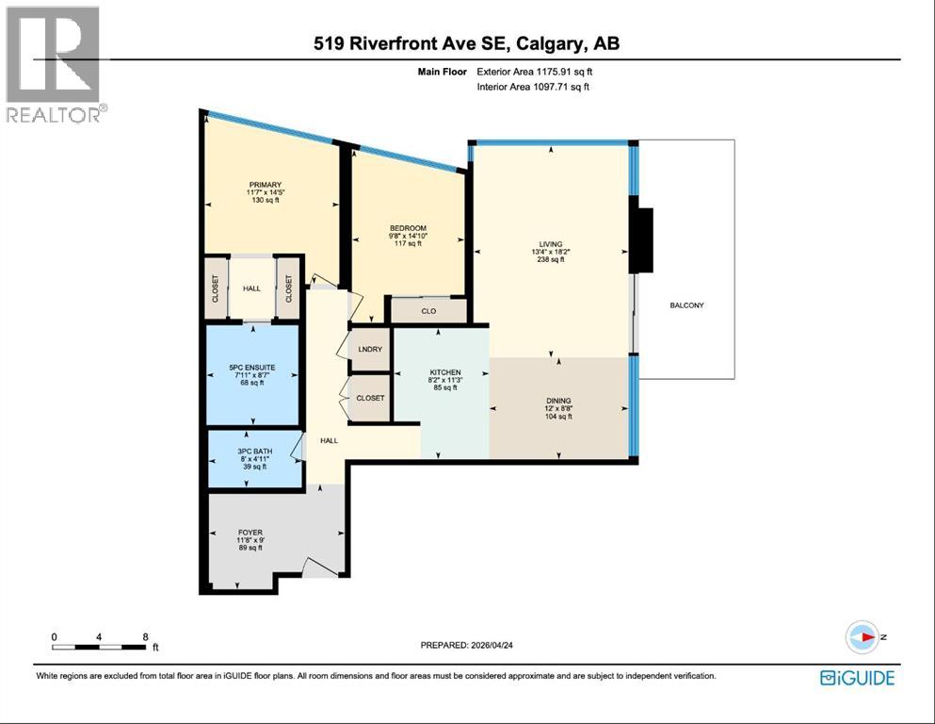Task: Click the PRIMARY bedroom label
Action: coord(266,185)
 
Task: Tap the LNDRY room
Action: coord(370,349)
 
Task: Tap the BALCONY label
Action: coord(686,305)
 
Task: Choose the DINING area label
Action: coord(558,401)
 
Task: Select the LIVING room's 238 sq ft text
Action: coord(550,259)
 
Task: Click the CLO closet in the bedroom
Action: coord(427,309)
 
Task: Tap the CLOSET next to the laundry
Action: coord(370,398)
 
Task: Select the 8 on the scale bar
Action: coord(145,636)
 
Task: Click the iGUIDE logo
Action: coord(856,677)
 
